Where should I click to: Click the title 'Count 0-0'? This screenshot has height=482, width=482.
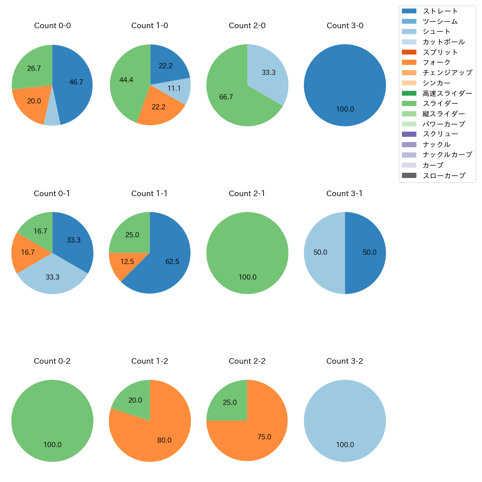click(x=52, y=26)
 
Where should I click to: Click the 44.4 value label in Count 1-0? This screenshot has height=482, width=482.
click(x=126, y=80)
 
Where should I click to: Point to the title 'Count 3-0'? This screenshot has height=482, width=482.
click(x=345, y=26)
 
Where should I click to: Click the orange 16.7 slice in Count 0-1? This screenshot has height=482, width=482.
click(x=28, y=252)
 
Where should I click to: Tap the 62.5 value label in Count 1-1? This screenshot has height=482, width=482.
click(x=172, y=262)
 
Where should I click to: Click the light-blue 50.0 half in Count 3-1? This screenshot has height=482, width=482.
click(x=321, y=252)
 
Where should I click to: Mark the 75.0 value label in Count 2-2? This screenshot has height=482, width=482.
click(x=264, y=437)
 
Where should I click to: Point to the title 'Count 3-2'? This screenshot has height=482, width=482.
click(x=345, y=361)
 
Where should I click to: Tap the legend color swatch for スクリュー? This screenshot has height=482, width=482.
click(x=409, y=134)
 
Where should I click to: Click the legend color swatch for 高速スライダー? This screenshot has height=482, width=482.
click(x=409, y=93)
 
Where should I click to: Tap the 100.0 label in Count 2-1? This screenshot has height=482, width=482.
click(x=248, y=277)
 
